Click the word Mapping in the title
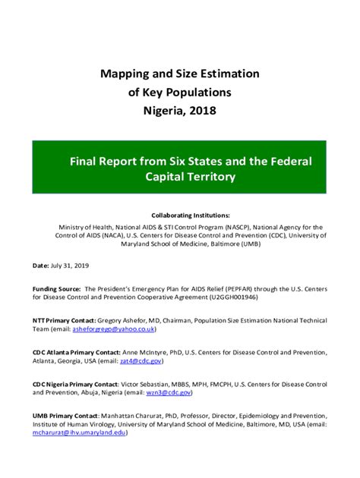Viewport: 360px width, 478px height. coord(127,74)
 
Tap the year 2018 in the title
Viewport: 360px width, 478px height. coord(201,110)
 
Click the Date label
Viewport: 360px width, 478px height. coord(40,266)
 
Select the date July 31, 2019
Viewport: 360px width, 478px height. coord(73,266)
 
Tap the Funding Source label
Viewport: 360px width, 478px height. coord(56,288)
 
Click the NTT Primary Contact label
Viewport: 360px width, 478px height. coord(65,321)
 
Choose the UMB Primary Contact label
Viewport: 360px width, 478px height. coord(65,415)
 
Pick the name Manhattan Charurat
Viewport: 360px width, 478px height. coord(135,415)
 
